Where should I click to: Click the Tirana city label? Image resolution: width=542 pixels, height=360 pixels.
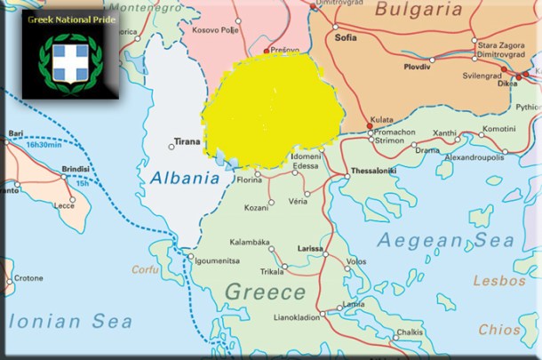[x=187, y=141]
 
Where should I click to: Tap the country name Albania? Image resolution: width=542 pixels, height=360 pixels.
[x=185, y=178]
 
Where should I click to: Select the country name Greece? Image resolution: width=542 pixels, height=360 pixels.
[x=265, y=292]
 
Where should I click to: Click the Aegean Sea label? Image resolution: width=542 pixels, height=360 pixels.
[x=445, y=240]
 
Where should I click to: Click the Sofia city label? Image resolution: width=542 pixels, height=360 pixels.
[x=346, y=38]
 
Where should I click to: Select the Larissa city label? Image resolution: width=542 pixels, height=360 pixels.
[x=308, y=250]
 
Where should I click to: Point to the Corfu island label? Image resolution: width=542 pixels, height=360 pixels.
[x=145, y=269]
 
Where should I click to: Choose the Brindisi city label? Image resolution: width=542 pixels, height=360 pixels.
[x=76, y=168]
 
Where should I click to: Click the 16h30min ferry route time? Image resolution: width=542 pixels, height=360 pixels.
[x=44, y=144]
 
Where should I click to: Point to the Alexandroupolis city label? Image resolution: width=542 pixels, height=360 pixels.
[x=474, y=157]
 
